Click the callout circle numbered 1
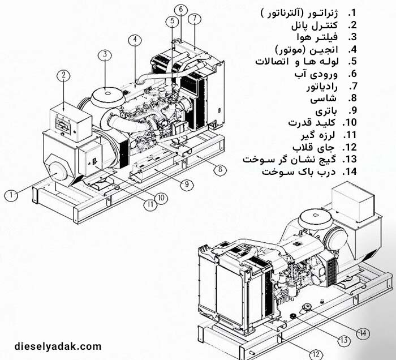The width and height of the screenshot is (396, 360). (10, 195)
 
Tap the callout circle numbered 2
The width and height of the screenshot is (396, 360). (64, 75)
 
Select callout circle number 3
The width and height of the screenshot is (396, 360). (104, 55)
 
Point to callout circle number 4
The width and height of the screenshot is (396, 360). (134, 40)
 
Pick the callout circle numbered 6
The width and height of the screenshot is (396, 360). (180, 9)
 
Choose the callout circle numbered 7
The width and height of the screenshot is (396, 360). (195, 18)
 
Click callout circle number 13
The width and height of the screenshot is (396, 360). (343, 340)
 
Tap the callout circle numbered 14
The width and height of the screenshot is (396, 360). (363, 332)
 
